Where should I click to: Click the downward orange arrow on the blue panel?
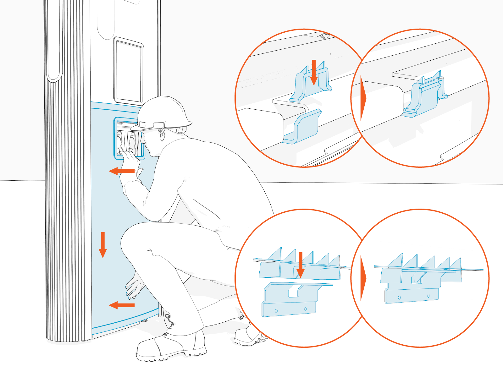coord(103,245)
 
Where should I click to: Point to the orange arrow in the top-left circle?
coord(313,72)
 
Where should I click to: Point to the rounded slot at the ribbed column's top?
coord(53,41)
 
